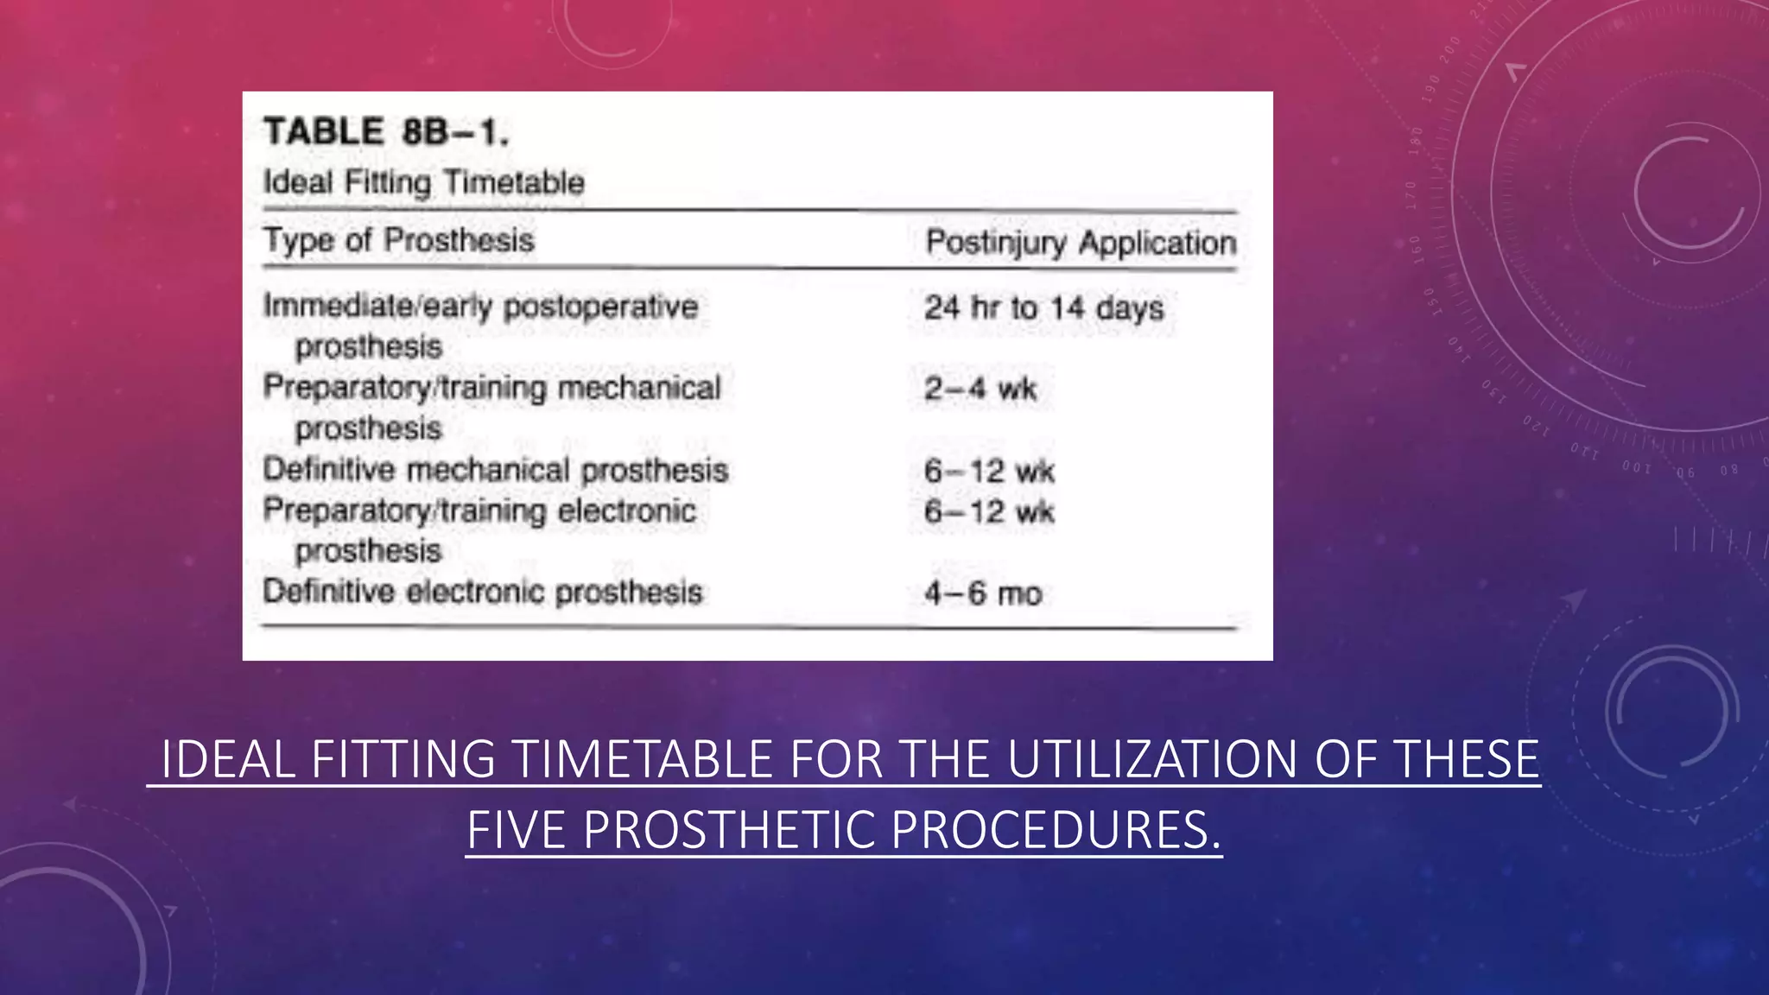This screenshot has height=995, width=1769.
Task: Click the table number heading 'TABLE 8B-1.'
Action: point(386,132)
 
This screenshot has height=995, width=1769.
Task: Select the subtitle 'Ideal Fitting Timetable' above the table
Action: point(423,182)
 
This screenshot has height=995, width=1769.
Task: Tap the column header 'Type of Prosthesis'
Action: point(398,240)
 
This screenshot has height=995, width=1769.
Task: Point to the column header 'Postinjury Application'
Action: point(1081,243)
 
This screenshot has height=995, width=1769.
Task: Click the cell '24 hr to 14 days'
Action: point(1043,307)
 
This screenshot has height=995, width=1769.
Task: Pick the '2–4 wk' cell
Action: point(980,389)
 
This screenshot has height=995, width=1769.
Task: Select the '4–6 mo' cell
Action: point(983,593)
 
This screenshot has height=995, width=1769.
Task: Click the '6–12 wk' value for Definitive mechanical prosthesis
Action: point(989,471)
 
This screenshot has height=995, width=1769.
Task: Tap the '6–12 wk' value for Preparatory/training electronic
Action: point(989,511)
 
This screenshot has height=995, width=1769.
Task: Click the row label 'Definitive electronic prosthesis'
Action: point(482,592)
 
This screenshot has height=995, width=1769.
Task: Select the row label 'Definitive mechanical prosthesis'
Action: point(495,470)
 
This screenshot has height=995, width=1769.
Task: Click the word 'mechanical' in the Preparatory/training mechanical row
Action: point(638,388)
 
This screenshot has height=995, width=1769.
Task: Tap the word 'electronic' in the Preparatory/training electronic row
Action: point(626,510)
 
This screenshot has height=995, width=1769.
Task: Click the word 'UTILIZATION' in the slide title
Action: point(1151,759)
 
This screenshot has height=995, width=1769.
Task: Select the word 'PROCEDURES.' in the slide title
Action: point(1056,830)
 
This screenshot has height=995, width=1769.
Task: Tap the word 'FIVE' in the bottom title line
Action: point(517,830)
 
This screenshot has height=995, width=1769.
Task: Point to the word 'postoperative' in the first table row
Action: point(600,307)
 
